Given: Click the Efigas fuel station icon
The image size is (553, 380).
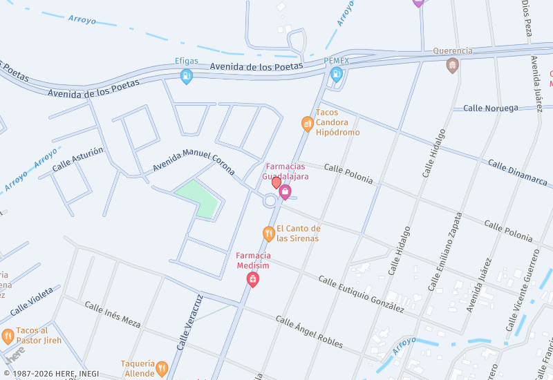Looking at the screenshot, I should click(x=186, y=77).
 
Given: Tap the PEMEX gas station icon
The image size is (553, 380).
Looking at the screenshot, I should click(x=337, y=75).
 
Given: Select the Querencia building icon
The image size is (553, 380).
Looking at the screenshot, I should click(x=453, y=65).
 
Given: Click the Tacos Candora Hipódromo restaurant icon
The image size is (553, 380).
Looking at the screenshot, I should click(x=308, y=124).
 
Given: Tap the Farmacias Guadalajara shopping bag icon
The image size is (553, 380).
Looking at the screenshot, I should click(x=285, y=192).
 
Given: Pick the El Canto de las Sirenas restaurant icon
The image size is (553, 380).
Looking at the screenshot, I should click(x=269, y=234).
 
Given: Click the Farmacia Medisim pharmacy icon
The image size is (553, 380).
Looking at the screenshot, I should click(x=253, y=279).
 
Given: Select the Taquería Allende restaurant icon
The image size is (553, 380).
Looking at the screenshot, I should click(x=162, y=368).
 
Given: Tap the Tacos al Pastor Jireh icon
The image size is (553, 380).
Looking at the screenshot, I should click(x=8, y=336).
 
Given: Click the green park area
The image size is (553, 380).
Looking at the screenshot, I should click(x=199, y=197).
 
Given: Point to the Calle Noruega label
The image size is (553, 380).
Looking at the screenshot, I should click(x=490, y=108).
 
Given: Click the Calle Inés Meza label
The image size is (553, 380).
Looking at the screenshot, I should click(x=112, y=313).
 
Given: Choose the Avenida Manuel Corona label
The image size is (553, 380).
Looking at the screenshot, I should click(x=194, y=162).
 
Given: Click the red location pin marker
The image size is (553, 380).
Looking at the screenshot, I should click(x=276, y=182).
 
